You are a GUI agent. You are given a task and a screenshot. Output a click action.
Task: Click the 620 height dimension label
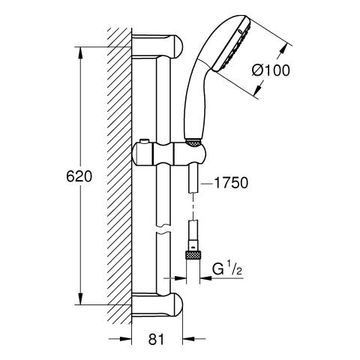coord(79,177)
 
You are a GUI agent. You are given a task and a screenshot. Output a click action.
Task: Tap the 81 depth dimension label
coord(156,339)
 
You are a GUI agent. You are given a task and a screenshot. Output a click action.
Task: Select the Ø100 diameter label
coord(271,70)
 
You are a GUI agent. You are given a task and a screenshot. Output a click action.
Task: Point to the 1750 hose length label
coord(231,183)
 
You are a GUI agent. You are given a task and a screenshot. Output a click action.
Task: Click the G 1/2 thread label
coord(227,269)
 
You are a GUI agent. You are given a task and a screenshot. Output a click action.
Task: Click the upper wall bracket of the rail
coord(157,46)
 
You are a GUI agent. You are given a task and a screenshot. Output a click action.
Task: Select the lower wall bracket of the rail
coord(157,304)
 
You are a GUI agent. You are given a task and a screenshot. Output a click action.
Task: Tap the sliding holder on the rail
coord(169,153)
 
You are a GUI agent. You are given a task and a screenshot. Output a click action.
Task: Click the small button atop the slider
coord(143,142)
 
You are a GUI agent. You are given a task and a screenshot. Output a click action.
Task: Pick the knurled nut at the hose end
coord(193,256)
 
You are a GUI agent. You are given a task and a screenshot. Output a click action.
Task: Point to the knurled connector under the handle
coord(193,143)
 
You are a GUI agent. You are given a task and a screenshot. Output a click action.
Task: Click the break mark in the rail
coord(163,229)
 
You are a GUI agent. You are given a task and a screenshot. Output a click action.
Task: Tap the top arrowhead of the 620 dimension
coord(80,53)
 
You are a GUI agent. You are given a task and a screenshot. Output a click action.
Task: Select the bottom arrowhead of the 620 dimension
coord(80,298)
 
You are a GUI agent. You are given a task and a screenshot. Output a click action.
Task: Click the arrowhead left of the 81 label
coord(125,339)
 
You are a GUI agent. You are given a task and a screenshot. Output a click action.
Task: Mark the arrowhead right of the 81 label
coord(189,339)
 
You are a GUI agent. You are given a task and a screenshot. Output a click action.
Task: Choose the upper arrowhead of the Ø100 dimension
coord(283,49)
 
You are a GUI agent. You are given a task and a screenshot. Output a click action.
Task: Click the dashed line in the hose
coord(193,206)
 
